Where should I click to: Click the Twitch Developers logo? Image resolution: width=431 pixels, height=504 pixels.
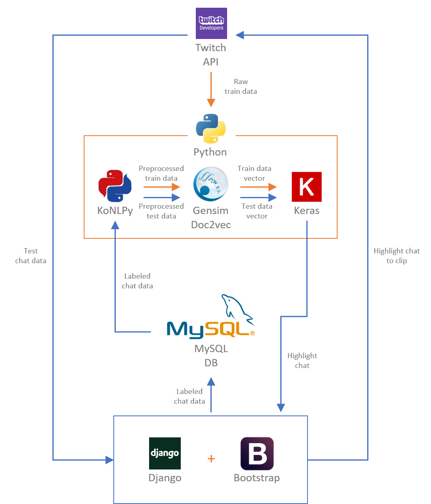[211, 23]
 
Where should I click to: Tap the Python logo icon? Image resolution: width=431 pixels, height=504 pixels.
[211, 129]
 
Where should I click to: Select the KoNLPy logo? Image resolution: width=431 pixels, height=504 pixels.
[115, 186]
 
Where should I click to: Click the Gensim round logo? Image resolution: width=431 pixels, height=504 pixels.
[211, 184]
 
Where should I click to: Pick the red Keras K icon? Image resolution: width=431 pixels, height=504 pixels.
[307, 187]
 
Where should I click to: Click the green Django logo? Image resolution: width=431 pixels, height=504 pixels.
[165, 453]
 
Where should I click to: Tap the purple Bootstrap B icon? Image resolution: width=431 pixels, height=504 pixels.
[257, 453]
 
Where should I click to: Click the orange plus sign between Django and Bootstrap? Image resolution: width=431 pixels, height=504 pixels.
[211, 459]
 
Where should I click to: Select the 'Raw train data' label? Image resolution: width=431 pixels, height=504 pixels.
[241, 87]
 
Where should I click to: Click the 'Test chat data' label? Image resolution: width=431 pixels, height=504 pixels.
[31, 256]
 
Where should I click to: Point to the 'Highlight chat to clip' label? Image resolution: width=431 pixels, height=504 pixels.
[396, 256]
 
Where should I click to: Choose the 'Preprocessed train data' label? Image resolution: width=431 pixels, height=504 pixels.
[161, 173]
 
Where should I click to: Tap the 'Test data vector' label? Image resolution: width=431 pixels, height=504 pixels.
[257, 211]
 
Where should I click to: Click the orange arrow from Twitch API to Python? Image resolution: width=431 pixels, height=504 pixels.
[211, 89]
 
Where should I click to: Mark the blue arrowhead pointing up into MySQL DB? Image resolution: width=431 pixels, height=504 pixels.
[211, 382]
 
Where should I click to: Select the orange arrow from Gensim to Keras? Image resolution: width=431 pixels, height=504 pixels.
[258, 187]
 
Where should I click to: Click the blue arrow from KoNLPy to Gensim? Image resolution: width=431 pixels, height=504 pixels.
[162, 198]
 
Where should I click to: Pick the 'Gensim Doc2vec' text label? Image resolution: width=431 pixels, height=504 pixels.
[211, 218]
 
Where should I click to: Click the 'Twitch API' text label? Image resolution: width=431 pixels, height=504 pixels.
[211, 54]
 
